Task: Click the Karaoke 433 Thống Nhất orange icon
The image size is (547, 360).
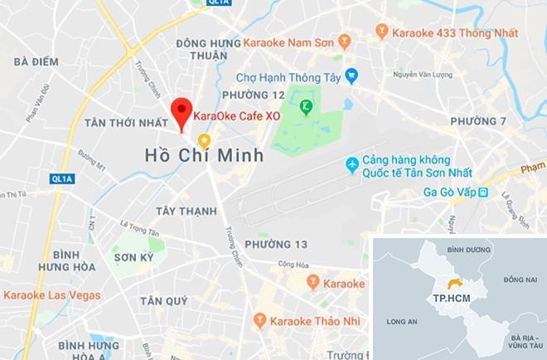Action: (381, 32)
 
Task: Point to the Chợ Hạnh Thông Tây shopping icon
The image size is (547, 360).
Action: (351, 73)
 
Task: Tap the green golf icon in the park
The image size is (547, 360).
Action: (307, 106)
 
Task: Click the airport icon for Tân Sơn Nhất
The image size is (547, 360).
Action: (353, 165)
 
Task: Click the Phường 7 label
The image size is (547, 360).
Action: (477, 122)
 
